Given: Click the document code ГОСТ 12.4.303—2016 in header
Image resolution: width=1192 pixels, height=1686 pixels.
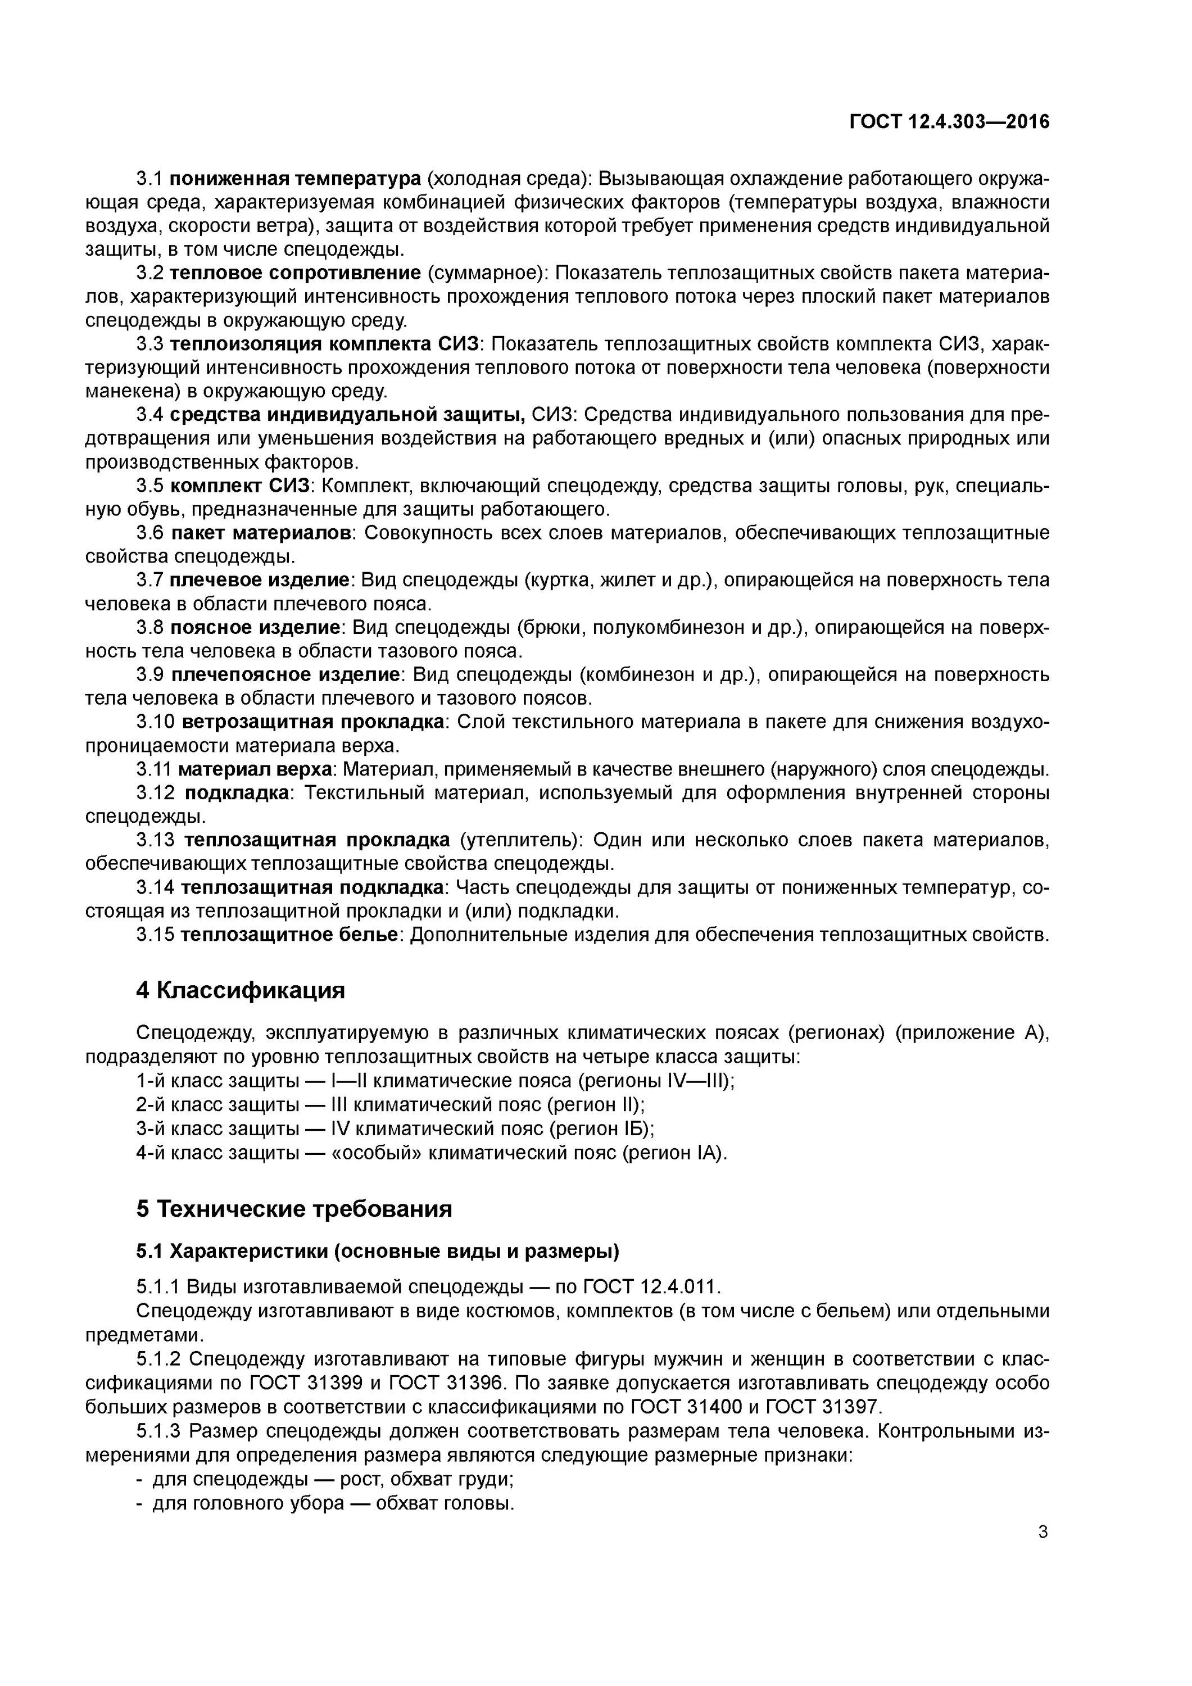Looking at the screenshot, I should point(949,122).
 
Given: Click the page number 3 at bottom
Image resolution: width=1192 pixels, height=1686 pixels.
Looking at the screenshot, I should point(1043,1532).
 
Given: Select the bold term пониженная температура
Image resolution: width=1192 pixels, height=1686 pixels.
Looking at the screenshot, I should point(295,179).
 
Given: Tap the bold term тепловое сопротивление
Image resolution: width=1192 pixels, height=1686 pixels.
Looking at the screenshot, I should point(295,273).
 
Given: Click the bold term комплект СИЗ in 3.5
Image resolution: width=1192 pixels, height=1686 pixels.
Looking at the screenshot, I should point(242,486).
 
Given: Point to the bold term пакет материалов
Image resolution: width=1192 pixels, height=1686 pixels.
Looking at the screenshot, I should point(261,532).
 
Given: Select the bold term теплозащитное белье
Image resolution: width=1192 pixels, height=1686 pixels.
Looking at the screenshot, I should point(289,935).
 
